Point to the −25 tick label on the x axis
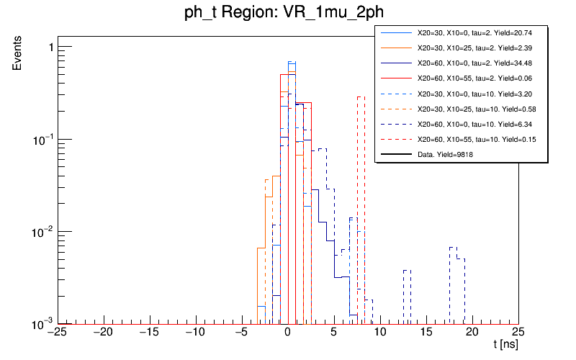coord(58,332)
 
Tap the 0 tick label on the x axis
coord(287,332)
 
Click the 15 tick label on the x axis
coord(426,332)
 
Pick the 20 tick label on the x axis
coord(472,332)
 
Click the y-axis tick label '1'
coord(50,48)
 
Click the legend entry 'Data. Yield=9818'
coord(446,154)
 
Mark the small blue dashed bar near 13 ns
coord(407,296)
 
